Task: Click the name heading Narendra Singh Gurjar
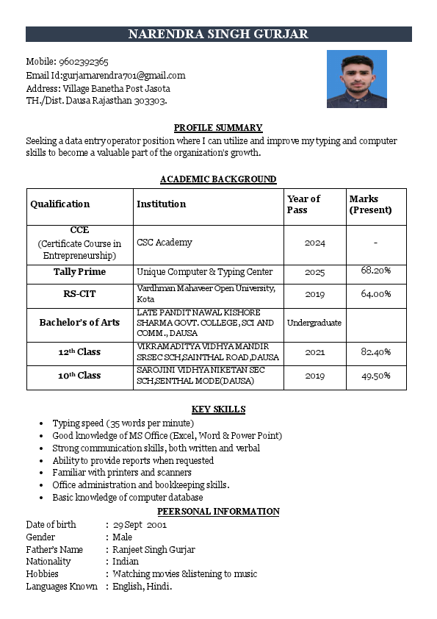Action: point(218,35)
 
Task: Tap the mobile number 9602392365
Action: point(88,62)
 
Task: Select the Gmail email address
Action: point(124,75)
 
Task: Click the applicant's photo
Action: point(356,79)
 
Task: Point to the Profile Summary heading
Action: point(218,128)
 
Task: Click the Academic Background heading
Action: point(218,179)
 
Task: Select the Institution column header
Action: point(162,204)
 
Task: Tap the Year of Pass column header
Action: point(303,204)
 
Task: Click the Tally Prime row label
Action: point(79,272)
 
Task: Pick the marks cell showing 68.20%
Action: point(375,271)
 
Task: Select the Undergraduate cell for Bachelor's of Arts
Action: point(314,323)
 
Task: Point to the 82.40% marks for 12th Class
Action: point(375,352)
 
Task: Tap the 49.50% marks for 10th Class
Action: point(375,376)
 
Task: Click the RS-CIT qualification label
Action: point(79,294)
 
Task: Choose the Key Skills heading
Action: point(218,409)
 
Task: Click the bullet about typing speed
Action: point(123,423)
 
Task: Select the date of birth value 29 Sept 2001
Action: point(140,525)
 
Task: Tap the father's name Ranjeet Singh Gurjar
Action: point(154,549)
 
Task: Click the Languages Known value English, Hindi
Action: point(142,586)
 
